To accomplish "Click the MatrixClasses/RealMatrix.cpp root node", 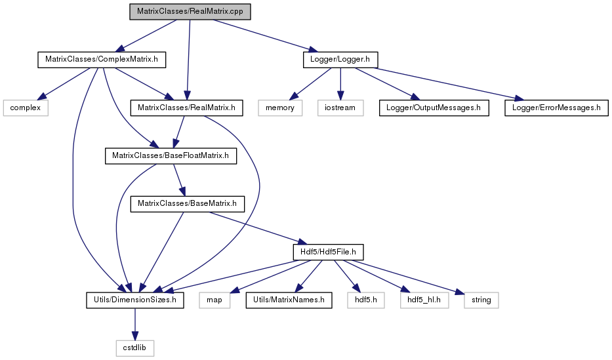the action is click(190, 12).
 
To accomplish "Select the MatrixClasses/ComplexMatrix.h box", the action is click(102, 60).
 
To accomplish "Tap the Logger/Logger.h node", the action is click(340, 60).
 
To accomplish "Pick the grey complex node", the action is click(26, 108).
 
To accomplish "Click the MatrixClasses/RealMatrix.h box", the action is click(186, 108).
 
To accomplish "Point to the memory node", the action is click(280, 108).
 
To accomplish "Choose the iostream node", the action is click(340, 108).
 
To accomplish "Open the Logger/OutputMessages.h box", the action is click(434, 108).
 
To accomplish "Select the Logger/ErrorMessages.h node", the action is click(557, 108).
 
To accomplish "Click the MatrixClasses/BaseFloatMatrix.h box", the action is click(171, 155).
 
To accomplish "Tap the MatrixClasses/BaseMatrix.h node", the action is click(188, 203).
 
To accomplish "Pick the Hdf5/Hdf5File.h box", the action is click(328, 252).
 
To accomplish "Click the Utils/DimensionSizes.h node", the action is click(135, 300).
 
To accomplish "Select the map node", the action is click(214, 300).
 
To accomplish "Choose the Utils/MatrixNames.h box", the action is click(289, 300).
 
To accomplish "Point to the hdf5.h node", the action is click(366, 300).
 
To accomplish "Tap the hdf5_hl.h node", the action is click(424, 300).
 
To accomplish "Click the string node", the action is click(481, 300).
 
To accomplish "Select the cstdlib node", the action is click(134, 348).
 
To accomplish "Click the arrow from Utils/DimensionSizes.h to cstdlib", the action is click(135, 324).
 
